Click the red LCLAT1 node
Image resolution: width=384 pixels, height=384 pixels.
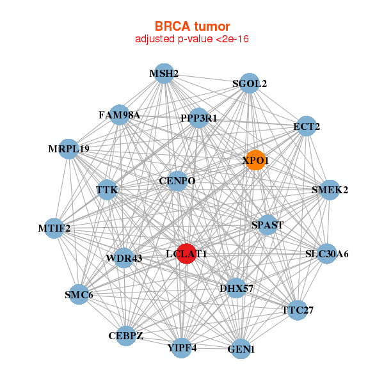point(186,254)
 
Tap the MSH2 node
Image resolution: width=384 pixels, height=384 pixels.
point(164,74)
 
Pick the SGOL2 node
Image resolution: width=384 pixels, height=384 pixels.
point(249,84)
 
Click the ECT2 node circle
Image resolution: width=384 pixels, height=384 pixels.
point(307,127)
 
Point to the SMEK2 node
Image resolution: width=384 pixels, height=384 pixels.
point(330,190)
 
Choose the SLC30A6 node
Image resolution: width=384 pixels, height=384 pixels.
point(326,254)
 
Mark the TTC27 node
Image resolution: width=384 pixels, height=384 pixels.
point(298,310)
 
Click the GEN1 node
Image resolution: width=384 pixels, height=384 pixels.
point(241,349)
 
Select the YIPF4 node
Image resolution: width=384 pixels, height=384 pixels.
point(182,348)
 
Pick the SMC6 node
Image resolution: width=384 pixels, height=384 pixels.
point(79,294)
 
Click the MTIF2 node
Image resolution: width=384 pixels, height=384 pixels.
point(54,228)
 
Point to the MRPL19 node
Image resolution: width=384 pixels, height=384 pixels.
point(68,149)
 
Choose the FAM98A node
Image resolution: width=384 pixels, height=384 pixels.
point(120,115)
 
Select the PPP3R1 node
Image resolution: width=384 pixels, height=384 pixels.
point(198,118)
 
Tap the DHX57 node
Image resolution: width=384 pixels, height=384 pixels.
point(236,288)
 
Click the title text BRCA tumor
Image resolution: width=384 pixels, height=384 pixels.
point(191,26)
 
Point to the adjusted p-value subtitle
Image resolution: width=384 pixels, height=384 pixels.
point(191,39)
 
